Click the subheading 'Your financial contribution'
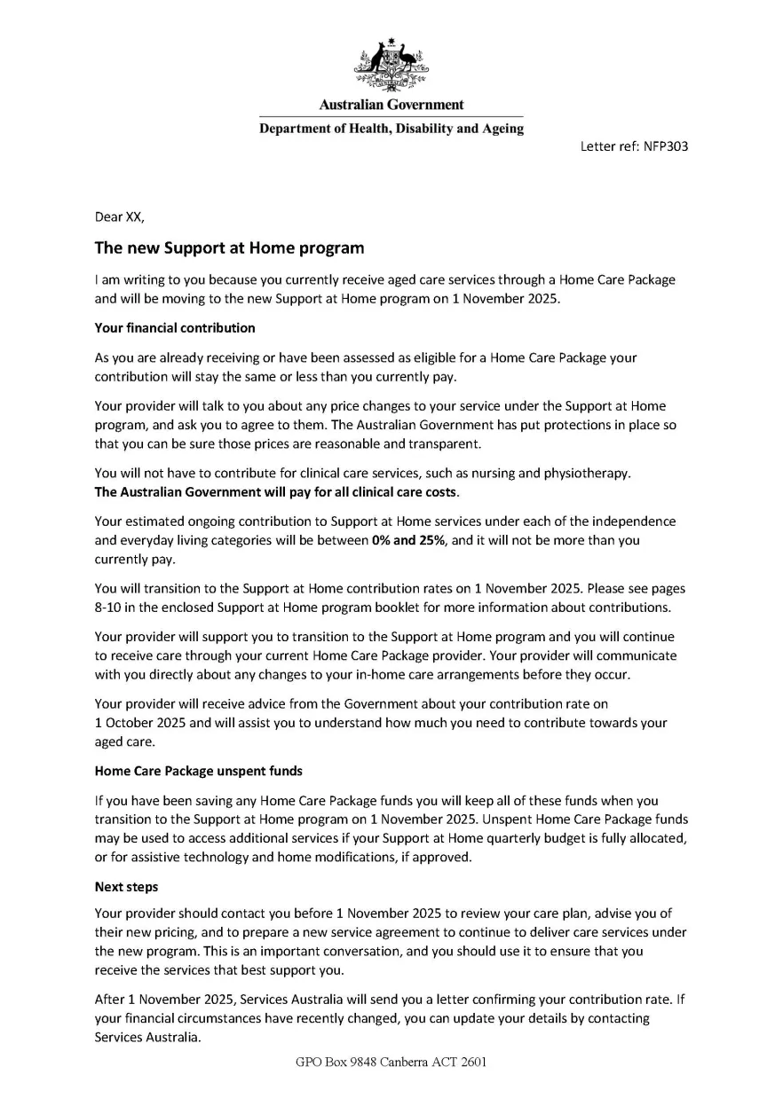[x=175, y=328]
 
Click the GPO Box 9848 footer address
[x=391, y=1062]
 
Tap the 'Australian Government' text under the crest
[x=391, y=106]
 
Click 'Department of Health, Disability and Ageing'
[x=391, y=129]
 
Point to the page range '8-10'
[x=110, y=607]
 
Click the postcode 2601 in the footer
[x=471, y=1062]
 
